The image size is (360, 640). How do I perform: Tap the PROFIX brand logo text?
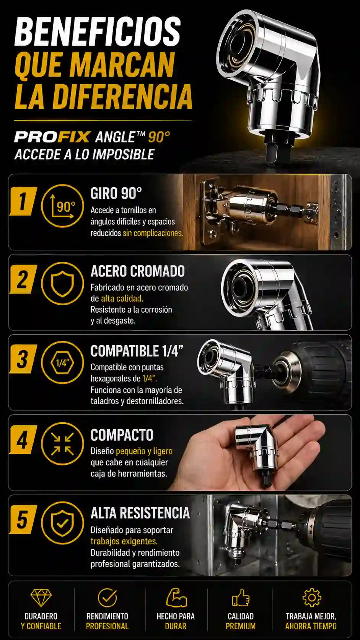pyautogui.click(x=52, y=137)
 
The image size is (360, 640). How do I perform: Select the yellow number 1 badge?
pyautogui.click(x=23, y=201)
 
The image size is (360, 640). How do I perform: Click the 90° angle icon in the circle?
pyautogui.click(x=62, y=206)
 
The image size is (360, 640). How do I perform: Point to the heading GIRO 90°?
pyautogui.click(x=116, y=193)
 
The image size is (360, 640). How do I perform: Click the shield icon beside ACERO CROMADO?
pyautogui.click(x=62, y=283)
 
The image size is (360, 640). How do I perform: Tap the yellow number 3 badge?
pyautogui.click(x=23, y=359)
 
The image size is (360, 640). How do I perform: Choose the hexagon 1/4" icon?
pyautogui.click(x=62, y=363)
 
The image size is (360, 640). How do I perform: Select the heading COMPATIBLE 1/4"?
pyautogui.click(x=137, y=351)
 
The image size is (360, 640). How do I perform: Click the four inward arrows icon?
pyautogui.click(x=62, y=444)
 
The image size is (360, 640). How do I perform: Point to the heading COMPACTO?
pyautogui.click(x=122, y=435)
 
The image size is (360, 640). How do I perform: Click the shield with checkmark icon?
pyautogui.click(x=62, y=523)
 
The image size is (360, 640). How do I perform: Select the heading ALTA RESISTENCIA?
pyautogui.click(x=140, y=513)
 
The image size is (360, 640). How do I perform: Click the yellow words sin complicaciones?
pyautogui.click(x=153, y=233)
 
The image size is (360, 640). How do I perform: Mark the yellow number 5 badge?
pyautogui.click(x=23, y=519)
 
